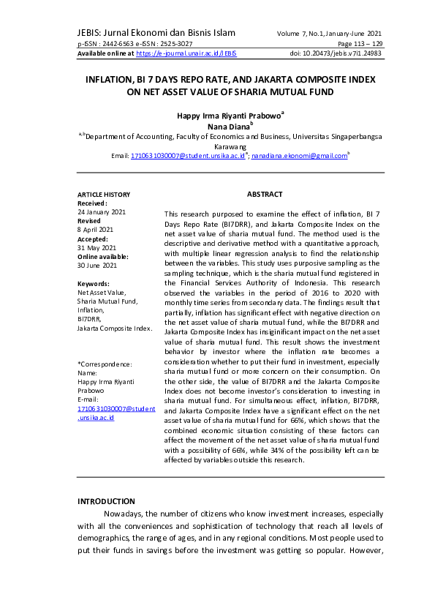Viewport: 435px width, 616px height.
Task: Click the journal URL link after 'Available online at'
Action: pyautogui.click(x=186, y=53)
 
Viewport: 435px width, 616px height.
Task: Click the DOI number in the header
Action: pyautogui.click(x=336, y=53)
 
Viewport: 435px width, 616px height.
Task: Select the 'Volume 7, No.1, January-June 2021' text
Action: pyautogui.click(x=330, y=34)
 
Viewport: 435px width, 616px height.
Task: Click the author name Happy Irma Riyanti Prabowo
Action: pyautogui.click(x=229, y=116)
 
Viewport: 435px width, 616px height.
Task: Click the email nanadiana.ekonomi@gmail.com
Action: pyautogui.click(x=299, y=156)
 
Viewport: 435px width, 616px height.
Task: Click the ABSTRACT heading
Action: pyautogui.click(x=265, y=194)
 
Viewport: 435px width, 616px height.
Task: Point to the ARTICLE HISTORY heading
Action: pyautogui.click(x=104, y=194)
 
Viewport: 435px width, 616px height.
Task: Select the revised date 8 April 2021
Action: pyautogui.click(x=97, y=229)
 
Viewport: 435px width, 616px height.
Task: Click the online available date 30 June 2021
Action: pyautogui.click(x=97, y=265)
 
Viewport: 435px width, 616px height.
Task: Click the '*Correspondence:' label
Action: pyautogui.click(x=105, y=364)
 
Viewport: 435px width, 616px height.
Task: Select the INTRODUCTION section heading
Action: pyautogui.click(x=106, y=501)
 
